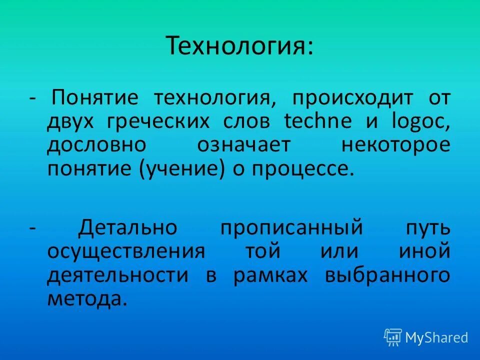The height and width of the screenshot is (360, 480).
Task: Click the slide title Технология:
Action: click(x=240, y=45)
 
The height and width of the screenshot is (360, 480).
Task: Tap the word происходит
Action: click(x=353, y=97)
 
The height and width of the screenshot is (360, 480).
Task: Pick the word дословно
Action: click(x=97, y=145)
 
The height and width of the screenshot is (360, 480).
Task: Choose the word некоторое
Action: click(x=395, y=145)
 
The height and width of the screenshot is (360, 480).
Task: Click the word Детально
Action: click(x=127, y=227)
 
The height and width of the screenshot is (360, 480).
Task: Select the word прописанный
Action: click(x=291, y=227)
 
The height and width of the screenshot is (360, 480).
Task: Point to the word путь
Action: click(x=427, y=227)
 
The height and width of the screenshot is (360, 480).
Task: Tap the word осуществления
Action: click(x=126, y=251)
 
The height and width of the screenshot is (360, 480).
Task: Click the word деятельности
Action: click(x=118, y=275)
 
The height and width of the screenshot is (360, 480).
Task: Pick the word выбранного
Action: click(x=387, y=275)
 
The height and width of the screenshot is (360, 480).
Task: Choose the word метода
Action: click(x=84, y=299)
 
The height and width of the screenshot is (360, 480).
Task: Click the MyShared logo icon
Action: click(x=393, y=337)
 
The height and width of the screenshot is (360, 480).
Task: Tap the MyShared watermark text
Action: click(x=436, y=338)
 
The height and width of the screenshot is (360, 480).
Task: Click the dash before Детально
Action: click(x=32, y=227)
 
